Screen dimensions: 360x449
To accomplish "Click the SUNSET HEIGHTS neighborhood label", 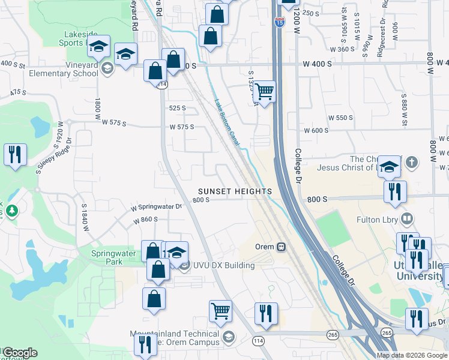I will [x=235, y=191].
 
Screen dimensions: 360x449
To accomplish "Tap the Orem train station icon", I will [x=280, y=247].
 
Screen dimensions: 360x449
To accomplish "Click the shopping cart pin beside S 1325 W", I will [x=264, y=92].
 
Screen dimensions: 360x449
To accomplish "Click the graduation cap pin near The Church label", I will [x=389, y=167].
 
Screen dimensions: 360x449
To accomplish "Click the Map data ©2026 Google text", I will [x=412, y=355].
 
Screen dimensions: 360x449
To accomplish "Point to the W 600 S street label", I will [x=316, y=131].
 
